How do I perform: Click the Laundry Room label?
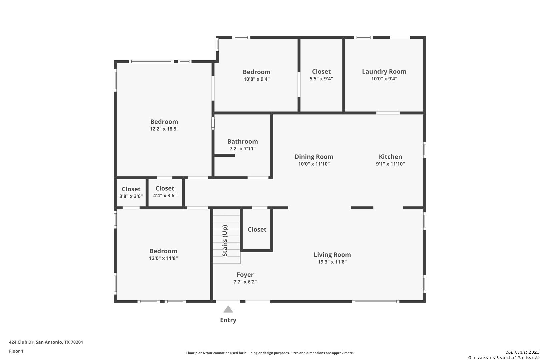384,72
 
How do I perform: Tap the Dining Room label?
314,157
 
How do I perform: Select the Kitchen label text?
390,157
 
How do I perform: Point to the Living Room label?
332,255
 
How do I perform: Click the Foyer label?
245,275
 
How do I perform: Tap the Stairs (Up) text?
225,240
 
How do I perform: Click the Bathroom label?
243,142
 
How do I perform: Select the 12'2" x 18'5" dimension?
164,129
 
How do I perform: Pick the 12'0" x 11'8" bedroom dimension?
163,258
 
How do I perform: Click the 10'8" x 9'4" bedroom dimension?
257,79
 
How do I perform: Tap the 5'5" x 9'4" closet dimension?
321,79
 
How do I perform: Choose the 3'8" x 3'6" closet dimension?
131,196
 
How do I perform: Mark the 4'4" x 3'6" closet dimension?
165,196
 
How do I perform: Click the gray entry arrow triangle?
228,310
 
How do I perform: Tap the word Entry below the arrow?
228,320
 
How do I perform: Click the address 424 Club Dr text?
21,342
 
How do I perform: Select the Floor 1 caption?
16,351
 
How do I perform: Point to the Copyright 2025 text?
522,352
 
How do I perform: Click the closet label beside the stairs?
257,230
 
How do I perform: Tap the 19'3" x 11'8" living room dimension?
332,262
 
